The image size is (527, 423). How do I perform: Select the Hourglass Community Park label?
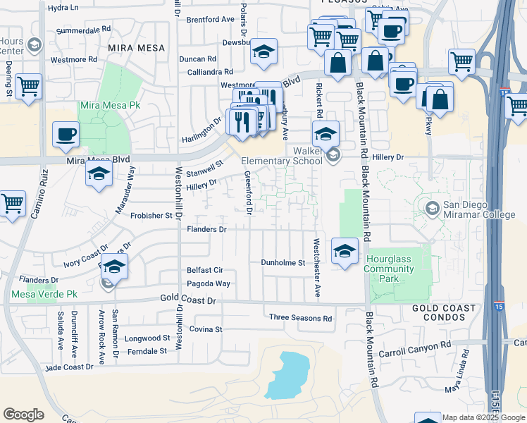(388, 269)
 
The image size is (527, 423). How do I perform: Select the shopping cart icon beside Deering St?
(28, 87)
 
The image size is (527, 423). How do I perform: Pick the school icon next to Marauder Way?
(99, 173)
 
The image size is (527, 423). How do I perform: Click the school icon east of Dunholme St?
(344, 251)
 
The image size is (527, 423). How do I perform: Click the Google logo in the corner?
(23, 415)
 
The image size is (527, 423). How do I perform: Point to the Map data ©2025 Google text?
(483, 417)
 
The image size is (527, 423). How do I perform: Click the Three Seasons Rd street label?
(300, 318)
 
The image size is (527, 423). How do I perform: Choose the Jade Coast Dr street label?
(68, 367)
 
